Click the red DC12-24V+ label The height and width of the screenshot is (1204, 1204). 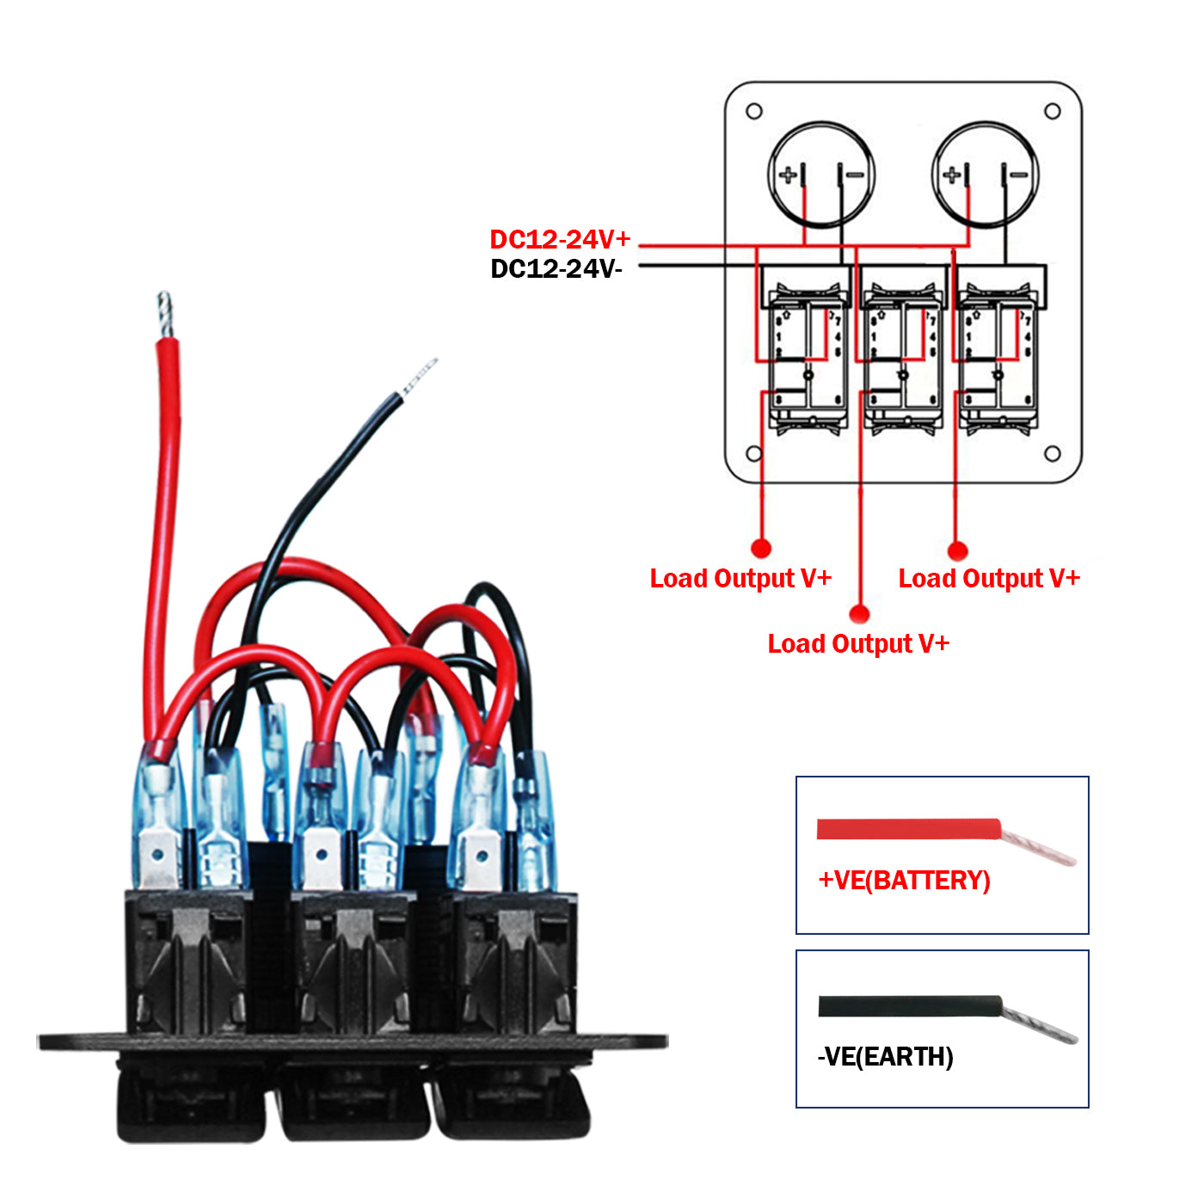pos(560,239)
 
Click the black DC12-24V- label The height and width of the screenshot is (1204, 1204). pos(556,269)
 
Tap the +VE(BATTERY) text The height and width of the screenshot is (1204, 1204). pos(904,881)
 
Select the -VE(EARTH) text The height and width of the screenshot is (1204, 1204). pos(885,1056)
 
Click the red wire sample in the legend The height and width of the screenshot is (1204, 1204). pos(909,830)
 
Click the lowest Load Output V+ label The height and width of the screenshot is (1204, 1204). pos(858,643)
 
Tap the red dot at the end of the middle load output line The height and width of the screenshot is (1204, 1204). pos(859,614)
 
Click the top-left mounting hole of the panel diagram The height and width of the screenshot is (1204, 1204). pos(754,111)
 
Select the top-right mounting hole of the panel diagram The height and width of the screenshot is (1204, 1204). pos(1052,111)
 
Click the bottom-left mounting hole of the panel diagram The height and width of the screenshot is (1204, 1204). pos(754,453)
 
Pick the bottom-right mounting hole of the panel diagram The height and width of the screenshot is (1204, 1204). pos(1052,453)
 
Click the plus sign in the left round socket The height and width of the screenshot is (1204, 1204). pos(788,175)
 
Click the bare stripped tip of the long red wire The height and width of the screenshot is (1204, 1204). pos(165,315)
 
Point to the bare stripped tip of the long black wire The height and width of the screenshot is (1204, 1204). pos(419,376)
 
